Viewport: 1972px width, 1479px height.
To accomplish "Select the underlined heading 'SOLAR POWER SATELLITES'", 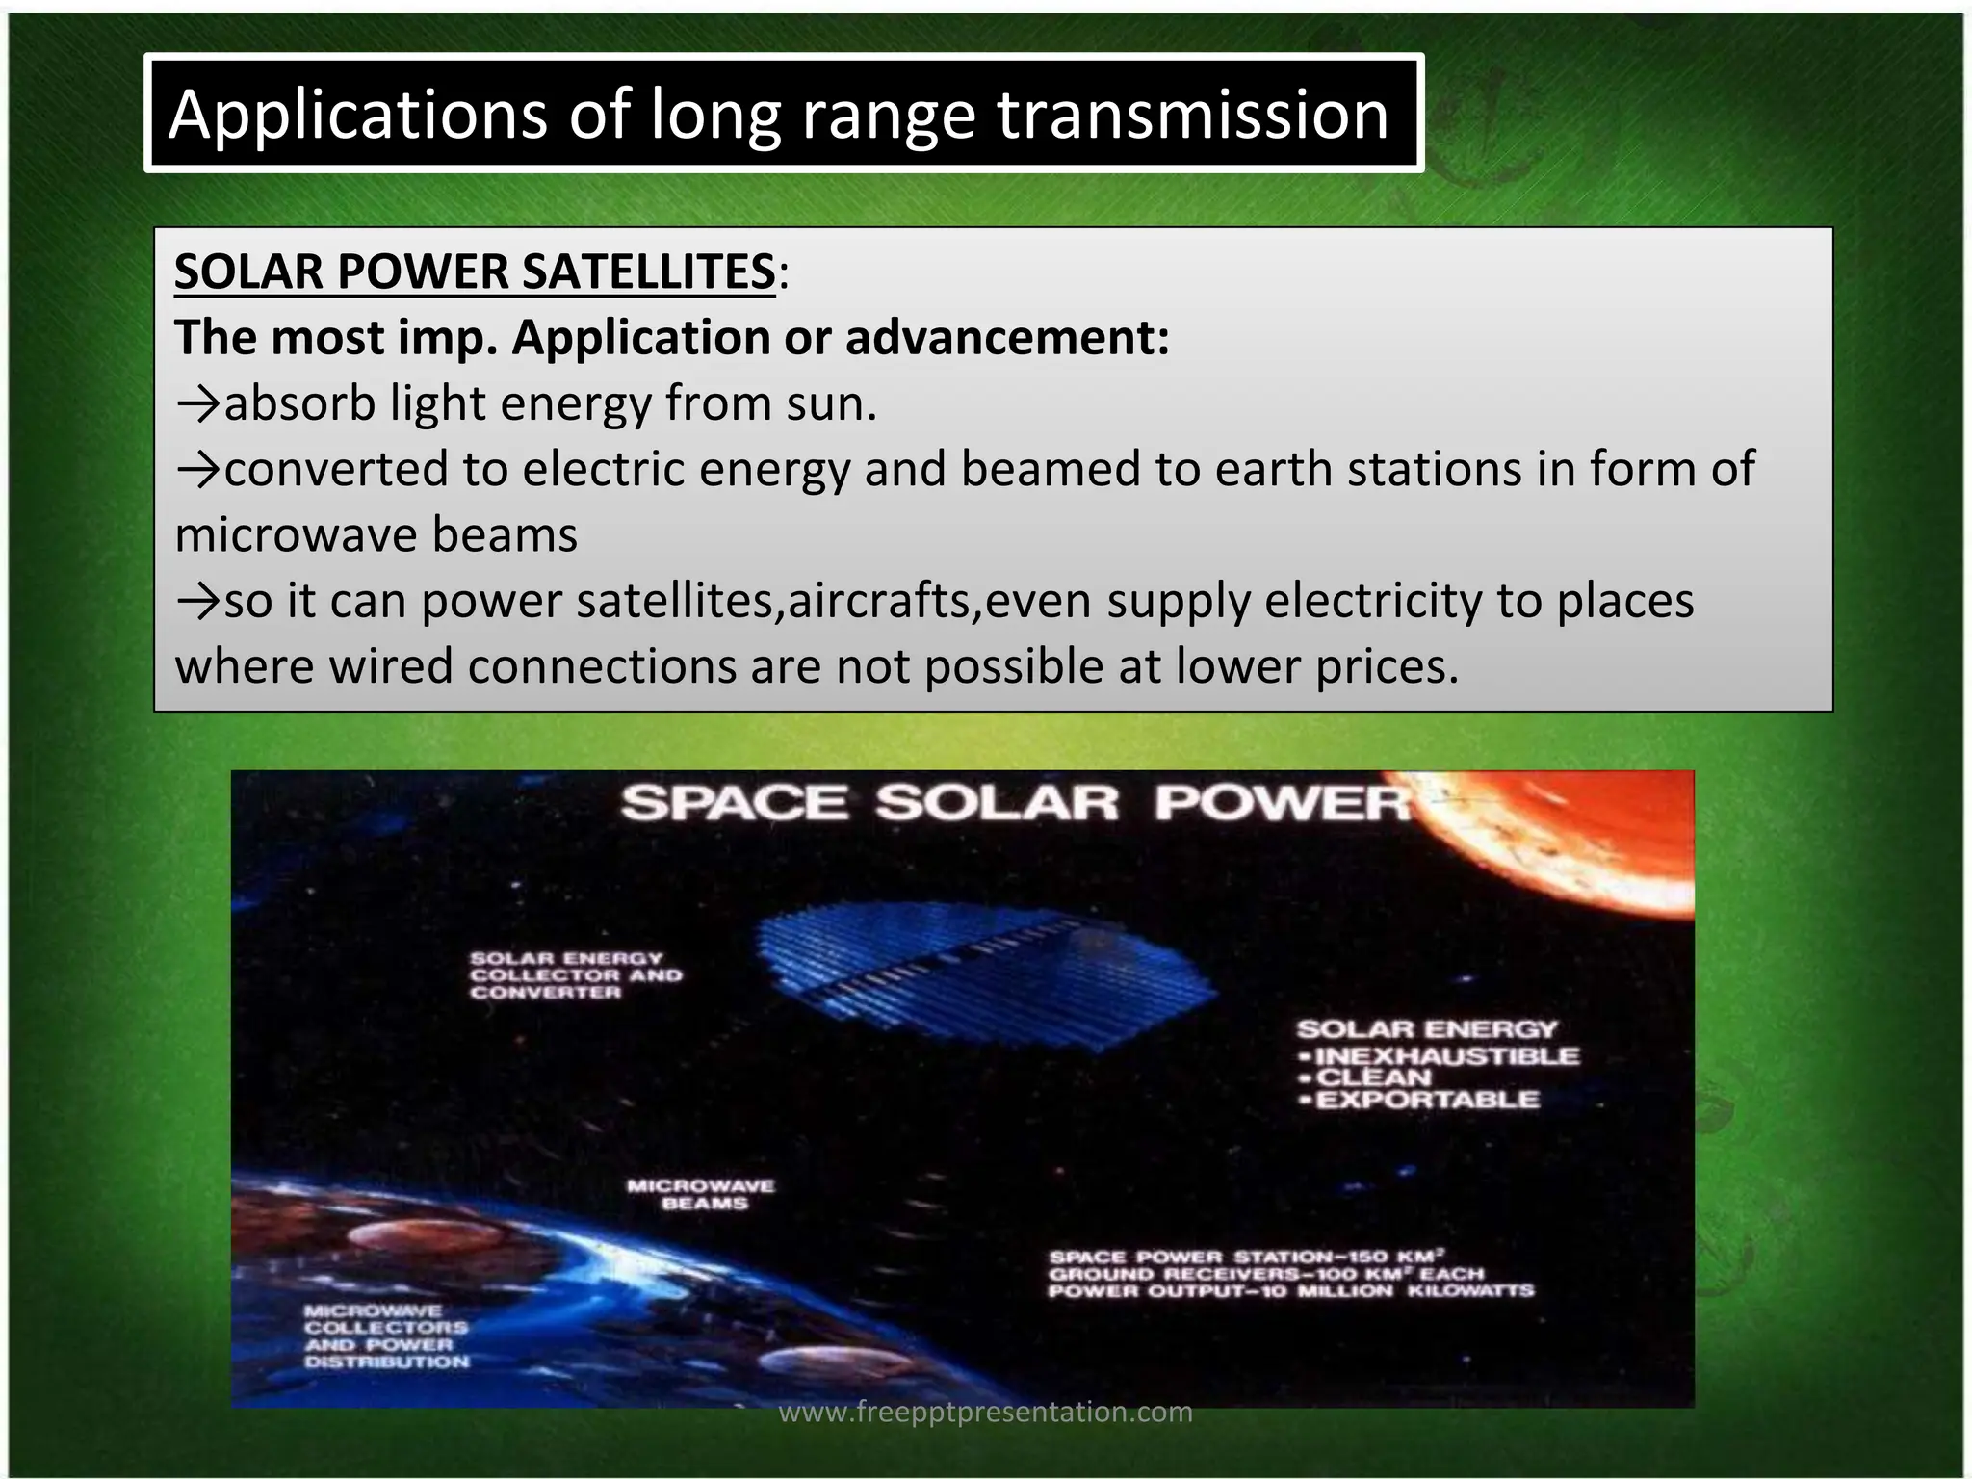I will (x=474, y=272).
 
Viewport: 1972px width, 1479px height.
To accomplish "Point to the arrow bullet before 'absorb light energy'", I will (x=198, y=404).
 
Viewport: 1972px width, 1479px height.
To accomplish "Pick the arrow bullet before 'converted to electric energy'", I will (x=198, y=470).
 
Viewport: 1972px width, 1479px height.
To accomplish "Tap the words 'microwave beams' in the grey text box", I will (x=376, y=535).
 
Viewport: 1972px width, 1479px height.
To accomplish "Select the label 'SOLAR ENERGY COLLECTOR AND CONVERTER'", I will (x=575, y=975).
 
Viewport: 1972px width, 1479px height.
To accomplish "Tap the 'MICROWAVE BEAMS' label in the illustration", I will (x=701, y=1194).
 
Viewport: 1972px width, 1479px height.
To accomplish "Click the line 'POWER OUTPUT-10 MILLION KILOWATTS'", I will (x=1290, y=1291).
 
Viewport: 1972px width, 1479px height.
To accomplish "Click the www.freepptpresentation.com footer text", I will (x=985, y=1413).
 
